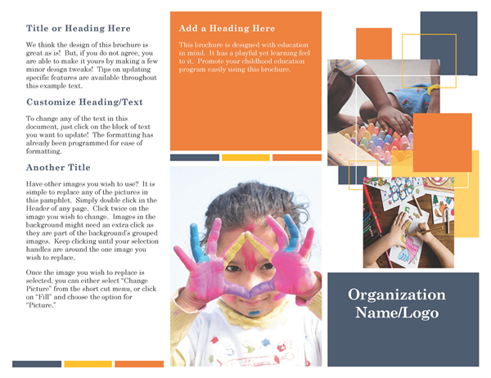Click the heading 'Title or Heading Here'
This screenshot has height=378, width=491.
click(x=79, y=28)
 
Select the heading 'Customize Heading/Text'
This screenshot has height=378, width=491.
click(x=84, y=102)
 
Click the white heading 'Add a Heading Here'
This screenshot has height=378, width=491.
click(x=227, y=29)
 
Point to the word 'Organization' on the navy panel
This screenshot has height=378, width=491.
click(x=396, y=295)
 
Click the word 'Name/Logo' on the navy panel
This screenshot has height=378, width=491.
click(x=397, y=313)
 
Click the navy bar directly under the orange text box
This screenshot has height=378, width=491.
click(x=195, y=157)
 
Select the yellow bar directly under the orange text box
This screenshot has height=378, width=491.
click(x=245, y=157)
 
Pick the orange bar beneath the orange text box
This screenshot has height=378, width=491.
click(x=296, y=157)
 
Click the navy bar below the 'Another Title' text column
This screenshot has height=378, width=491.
click(x=37, y=364)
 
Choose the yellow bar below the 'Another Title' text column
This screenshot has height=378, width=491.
click(x=88, y=364)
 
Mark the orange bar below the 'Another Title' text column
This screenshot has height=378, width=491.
click(x=138, y=364)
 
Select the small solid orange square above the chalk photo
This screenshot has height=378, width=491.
click(x=373, y=43)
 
